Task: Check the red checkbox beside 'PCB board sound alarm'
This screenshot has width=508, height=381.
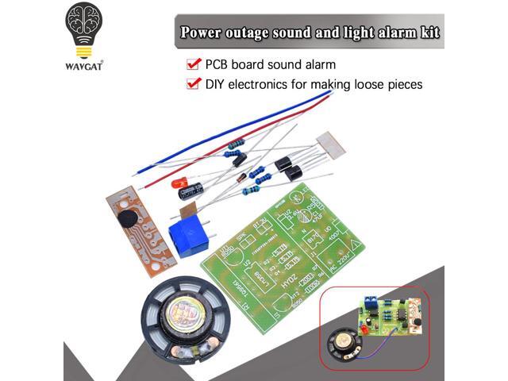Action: pyautogui.click(x=192, y=63)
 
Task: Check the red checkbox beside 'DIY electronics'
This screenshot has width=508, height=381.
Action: pyautogui.click(x=192, y=83)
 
